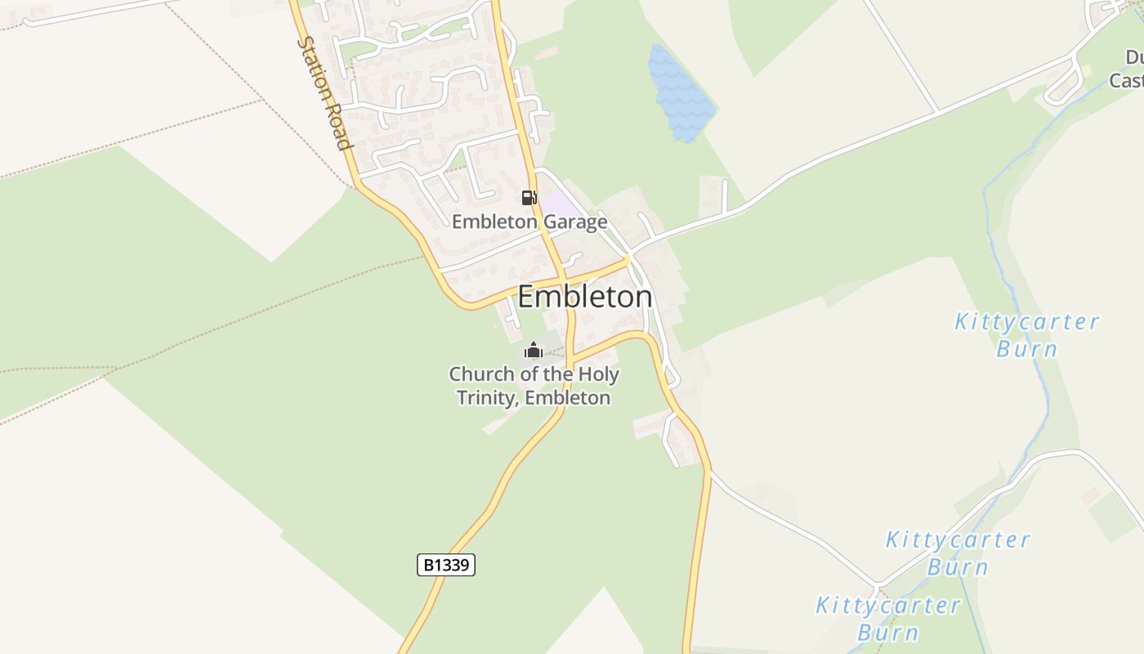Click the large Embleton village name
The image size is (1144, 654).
pos(585,297)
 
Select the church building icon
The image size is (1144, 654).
pos(534,351)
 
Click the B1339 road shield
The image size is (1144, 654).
pos(446,565)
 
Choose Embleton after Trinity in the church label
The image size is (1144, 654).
pos(568,398)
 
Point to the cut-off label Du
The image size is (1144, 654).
pos(1134,57)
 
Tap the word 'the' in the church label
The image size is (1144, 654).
pos(559,374)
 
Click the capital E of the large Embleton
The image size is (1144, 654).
pos(527,297)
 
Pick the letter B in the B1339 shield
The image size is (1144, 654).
pos(428,565)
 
